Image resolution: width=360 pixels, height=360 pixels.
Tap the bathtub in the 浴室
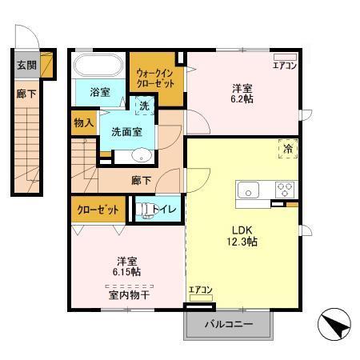tap(97, 64)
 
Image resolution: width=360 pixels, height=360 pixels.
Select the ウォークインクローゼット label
tap(157, 78)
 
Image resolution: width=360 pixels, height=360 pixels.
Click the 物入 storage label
tap(83, 123)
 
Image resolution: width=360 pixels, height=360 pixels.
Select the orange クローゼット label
tap(98, 210)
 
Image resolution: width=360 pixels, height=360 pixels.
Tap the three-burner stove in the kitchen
tap(285, 190)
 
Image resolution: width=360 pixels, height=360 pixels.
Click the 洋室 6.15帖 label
tap(126, 266)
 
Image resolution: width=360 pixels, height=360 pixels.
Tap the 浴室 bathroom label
tap(100, 93)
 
